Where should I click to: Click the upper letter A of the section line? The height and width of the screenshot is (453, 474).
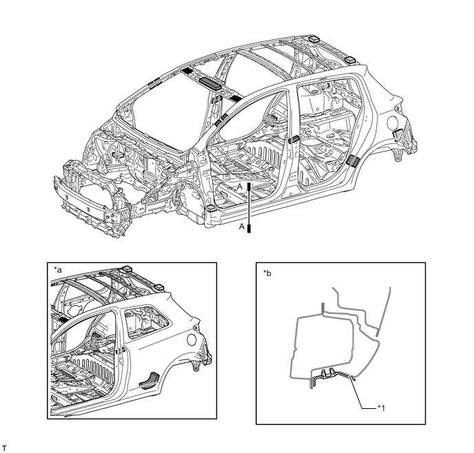240,187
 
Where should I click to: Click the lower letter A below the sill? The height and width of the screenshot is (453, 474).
242,226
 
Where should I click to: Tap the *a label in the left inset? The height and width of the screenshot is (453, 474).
58,270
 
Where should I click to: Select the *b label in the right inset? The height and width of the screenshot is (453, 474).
267,273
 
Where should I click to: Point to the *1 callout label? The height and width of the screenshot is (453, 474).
381,408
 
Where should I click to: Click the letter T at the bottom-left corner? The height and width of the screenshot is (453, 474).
4,447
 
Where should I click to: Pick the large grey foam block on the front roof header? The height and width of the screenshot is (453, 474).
210,83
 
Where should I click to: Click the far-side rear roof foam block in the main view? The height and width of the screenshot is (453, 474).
316,39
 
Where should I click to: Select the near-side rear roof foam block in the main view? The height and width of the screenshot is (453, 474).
351,59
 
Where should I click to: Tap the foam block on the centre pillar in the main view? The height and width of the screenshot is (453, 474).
294,139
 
